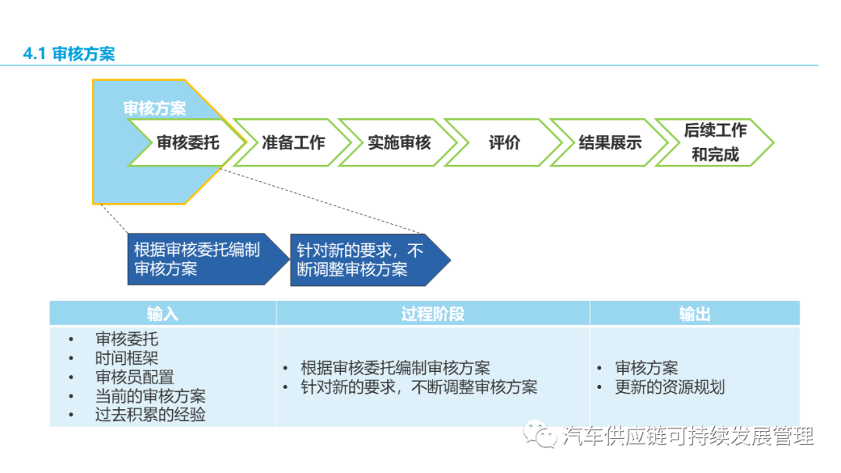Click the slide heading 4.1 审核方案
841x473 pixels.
tap(69, 54)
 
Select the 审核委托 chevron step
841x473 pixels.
tap(188, 143)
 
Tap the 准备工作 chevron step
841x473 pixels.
tap(293, 143)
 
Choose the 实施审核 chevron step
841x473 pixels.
tap(399, 143)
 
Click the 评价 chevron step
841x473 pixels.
tap(505, 143)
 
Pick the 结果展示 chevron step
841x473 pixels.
tap(610, 143)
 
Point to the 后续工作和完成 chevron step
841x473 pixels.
tap(715, 142)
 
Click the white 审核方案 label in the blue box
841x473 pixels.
tap(154, 108)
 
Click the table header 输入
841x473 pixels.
tap(162, 314)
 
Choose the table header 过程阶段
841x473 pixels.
tap(432, 314)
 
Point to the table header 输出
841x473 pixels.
tap(694, 314)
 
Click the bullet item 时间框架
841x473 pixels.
tap(126, 359)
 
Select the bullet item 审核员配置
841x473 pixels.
tap(134, 377)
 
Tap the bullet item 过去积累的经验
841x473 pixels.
tap(150, 415)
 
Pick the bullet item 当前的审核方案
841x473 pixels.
tap(150, 396)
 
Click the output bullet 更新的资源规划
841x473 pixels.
tap(670, 387)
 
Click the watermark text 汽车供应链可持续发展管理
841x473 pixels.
tap(688, 436)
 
